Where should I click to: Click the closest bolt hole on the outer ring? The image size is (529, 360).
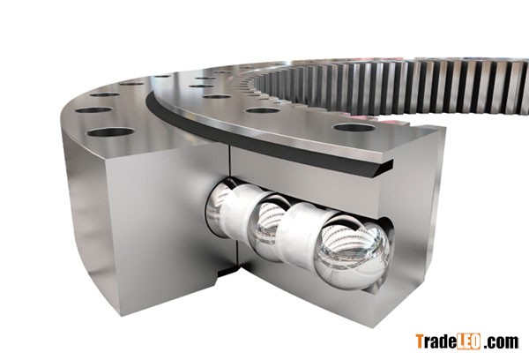(111, 132)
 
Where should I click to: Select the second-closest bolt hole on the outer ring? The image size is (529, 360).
(93, 110)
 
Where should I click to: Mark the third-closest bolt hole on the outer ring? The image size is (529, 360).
(105, 94)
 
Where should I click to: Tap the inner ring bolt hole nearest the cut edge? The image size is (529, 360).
(354, 127)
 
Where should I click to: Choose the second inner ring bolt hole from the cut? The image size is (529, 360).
(263, 110)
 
